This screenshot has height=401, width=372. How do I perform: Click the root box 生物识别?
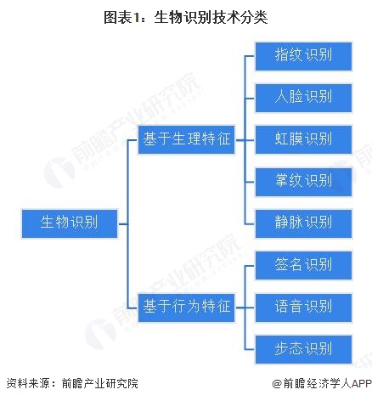click(70, 223)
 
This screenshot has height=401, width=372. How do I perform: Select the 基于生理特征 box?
click(186, 140)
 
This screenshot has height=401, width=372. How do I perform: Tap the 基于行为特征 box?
click(186, 308)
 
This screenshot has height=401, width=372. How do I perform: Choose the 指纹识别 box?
click(303, 56)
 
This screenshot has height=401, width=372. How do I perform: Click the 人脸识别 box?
click(303, 98)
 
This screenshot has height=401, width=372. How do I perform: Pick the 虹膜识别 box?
click(303, 140)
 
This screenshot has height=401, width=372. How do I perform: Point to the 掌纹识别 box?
click(303, 182)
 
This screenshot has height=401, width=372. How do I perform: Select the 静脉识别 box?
click(303, 223)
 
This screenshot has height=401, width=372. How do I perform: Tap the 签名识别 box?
click(303, 265)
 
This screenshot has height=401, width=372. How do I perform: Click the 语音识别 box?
click(303, 308)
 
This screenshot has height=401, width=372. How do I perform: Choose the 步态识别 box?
click(303, 349)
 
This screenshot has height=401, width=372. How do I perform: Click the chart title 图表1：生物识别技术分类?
click(186, 17)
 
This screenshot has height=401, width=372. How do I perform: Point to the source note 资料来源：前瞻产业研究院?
click(72, 383)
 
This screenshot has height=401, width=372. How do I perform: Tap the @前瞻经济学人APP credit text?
click(322, 383)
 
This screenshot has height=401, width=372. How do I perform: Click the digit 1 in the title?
click(137, 18)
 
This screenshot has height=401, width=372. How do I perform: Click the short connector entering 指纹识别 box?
click(250, 56)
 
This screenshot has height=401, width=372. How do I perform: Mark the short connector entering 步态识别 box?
click(250, 349)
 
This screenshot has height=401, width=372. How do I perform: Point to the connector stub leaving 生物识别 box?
click(122, 223)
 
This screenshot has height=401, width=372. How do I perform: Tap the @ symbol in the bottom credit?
click(277, 384)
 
